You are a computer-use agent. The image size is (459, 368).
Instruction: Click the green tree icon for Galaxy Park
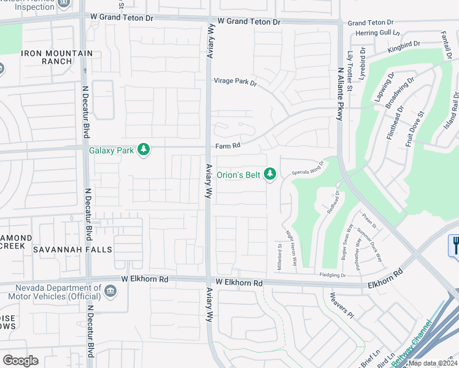pos(144,150)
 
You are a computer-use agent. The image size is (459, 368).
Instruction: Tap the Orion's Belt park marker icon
pos(270,174)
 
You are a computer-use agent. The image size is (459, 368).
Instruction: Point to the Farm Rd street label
pos(226,147)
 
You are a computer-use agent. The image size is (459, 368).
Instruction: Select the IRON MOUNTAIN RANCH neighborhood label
pos(56,58)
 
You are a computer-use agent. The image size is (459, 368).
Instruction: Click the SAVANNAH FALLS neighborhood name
pos(72,250)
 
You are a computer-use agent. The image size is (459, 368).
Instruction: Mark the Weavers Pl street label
pos(343,305)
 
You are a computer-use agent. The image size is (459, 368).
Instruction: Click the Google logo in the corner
pos(21,361)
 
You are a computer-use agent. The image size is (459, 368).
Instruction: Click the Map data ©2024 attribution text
pos(433,363)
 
